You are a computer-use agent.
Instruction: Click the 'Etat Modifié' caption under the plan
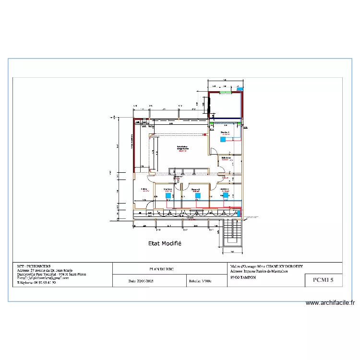(x=164, y=243)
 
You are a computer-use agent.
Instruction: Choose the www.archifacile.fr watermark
(x=331, y=303)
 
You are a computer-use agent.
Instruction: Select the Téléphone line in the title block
(x=36, y=283)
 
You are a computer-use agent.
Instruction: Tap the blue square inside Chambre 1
(x=223, y=140)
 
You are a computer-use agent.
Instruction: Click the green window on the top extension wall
(x=225, y=92)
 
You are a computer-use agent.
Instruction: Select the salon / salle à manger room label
(x=183, y=148)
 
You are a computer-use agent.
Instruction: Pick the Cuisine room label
(x=144, y=190)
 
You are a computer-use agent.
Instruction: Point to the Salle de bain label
(x=226, y=158)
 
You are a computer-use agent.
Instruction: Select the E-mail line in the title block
(x=43, y=278)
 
